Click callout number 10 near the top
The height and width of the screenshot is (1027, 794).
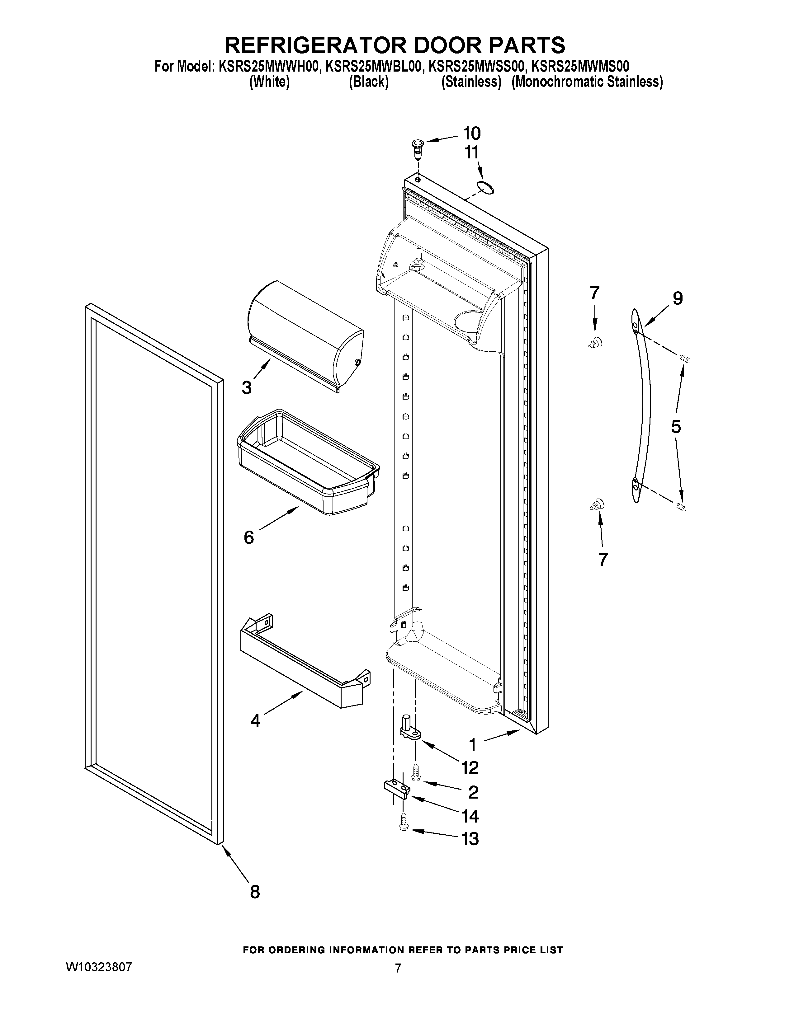pyautogui.click(x=472, y=134)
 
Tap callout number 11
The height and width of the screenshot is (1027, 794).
pyautogui.click(x=471, y=152)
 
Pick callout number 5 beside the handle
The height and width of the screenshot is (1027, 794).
pyautogui.click(x=675, y=426)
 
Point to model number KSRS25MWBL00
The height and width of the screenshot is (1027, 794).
pyautogui.click(x=372, y=66)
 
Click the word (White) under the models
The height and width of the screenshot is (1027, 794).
pyautogui.click(x=269, y=82)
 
